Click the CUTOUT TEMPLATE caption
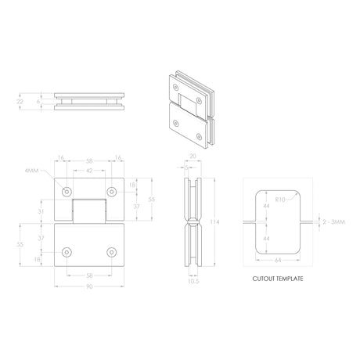(x=278, y=279)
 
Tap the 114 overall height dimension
(x=214, y=222)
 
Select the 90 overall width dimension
(x=89, y=286)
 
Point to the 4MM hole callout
(x=31, y=171)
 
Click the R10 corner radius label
(x=280, y=200)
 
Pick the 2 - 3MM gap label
(x=334, y=222)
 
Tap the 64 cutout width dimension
(x=278, y=260)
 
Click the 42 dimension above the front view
(x=89, y=171)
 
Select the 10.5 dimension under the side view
(x=193, y=281)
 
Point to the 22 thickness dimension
(x=20, y=102)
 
